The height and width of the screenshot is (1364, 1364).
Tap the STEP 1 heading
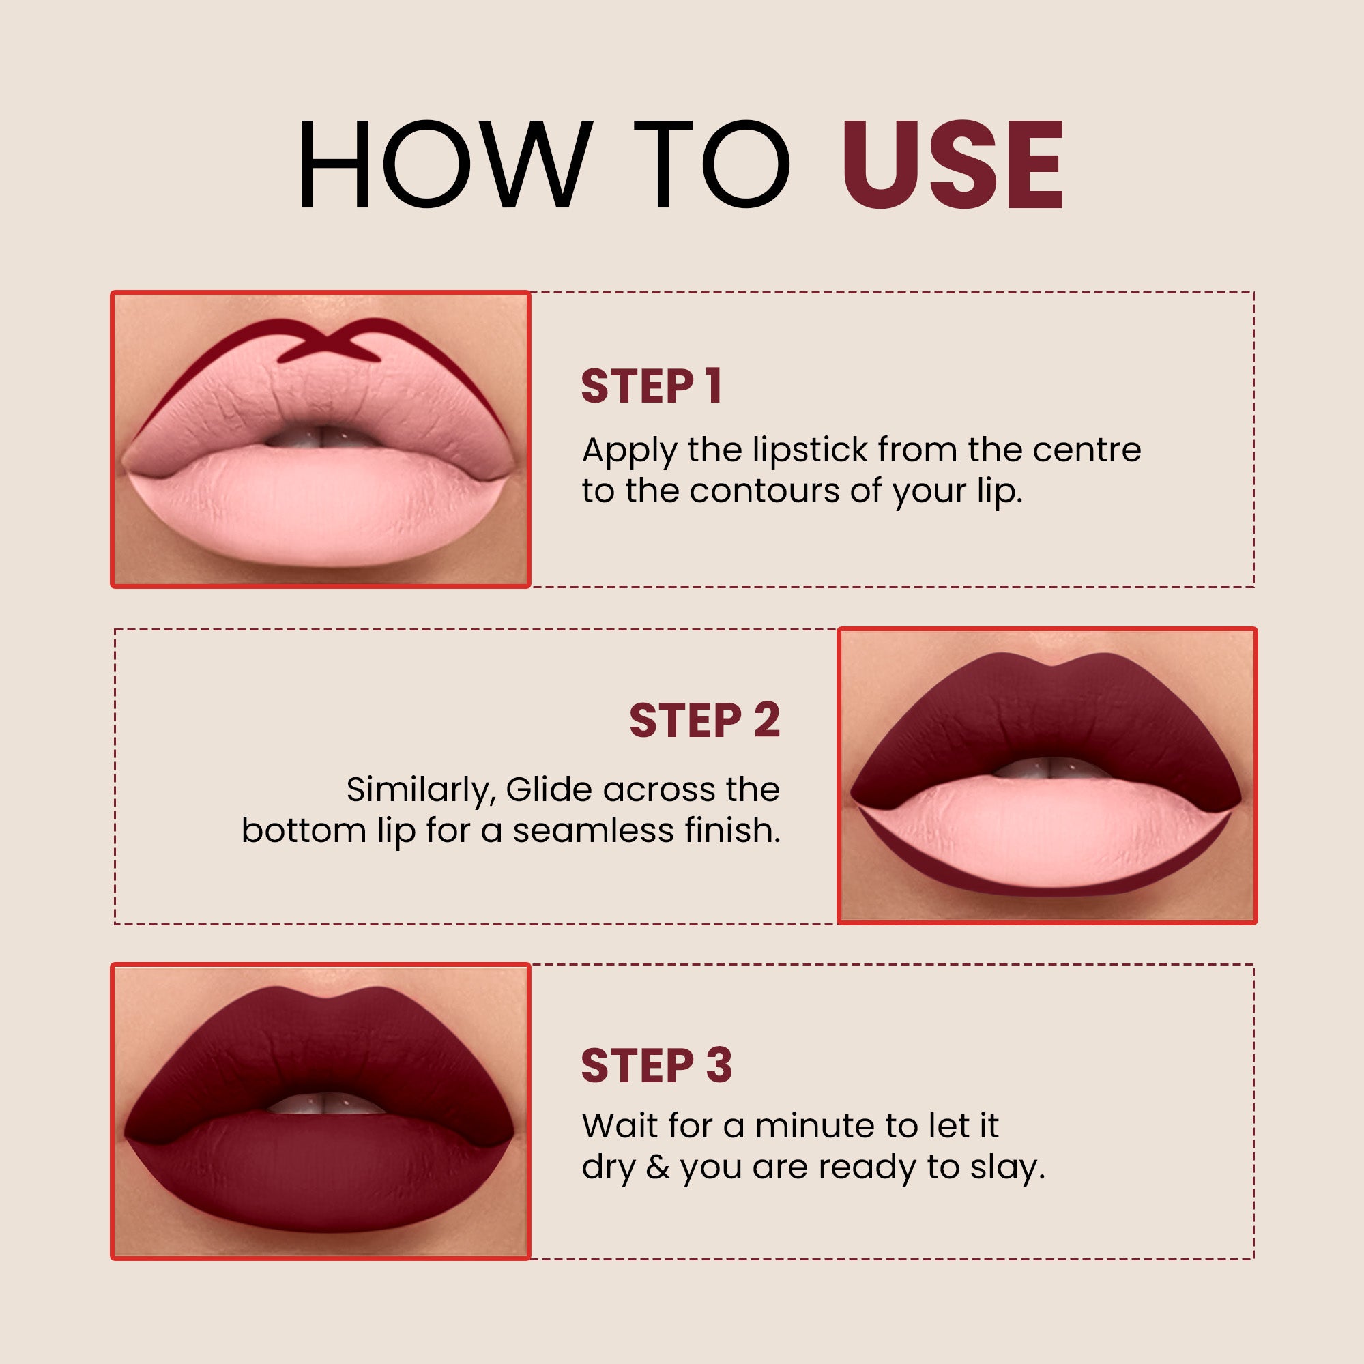[651, 386]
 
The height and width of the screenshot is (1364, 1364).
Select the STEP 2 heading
[704, 720]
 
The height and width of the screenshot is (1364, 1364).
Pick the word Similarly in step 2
[422, 789]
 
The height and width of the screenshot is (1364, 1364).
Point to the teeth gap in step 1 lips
[322, 437]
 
